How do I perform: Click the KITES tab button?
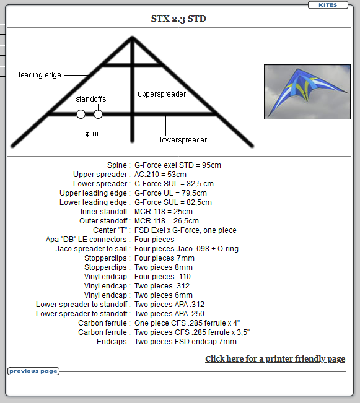point(328,5)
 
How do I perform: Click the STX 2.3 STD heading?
point(178,19)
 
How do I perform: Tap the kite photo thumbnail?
point(307,92)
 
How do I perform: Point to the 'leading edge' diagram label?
point(40,75)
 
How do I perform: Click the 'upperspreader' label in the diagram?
point(162,94)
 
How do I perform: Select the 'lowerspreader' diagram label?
point(183,139)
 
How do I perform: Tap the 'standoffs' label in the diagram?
point(91,98)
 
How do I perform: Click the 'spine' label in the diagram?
point(92,134)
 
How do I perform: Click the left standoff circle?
point(81,114)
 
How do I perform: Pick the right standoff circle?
point(98,114)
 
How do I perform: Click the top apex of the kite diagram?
point(132,38)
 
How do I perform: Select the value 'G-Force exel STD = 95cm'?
point(178,165)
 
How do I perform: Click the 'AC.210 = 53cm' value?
point(160,174)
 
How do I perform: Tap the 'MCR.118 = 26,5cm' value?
point(167,221)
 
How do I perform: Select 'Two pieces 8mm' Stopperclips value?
point(164,267)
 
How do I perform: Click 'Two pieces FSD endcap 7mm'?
point(185,342)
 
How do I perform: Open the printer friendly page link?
point(275,359)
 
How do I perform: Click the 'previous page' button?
point(33,371)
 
